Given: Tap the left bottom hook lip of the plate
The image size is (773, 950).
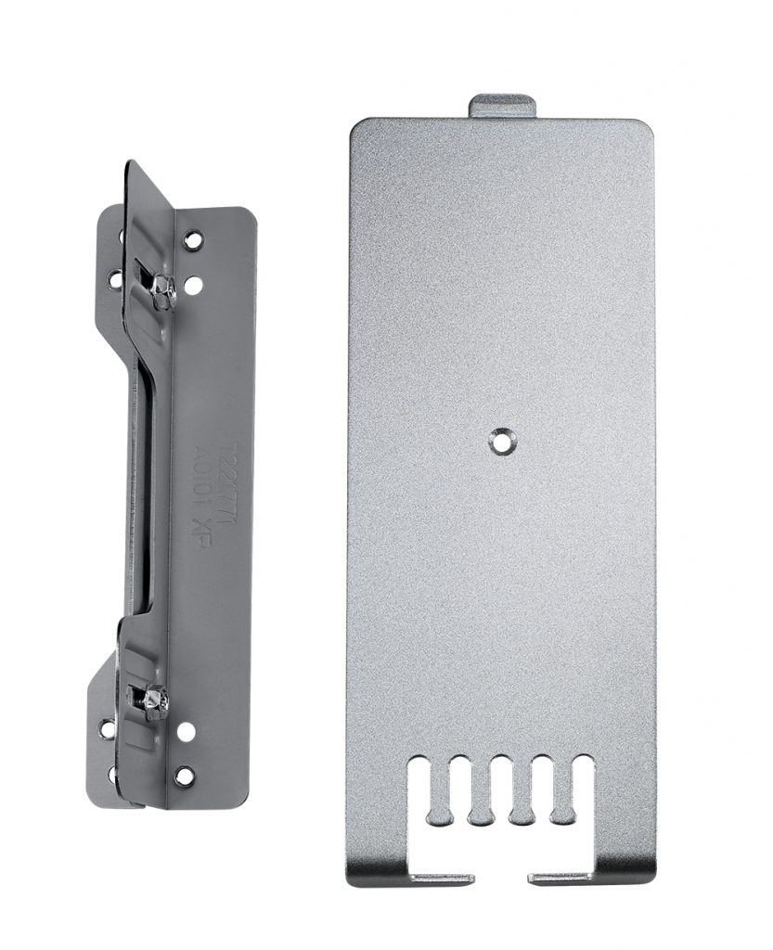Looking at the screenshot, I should [442, 877].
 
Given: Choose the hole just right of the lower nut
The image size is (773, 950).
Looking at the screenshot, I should [187, 731].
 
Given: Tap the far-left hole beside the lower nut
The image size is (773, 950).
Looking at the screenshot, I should [107, 729].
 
